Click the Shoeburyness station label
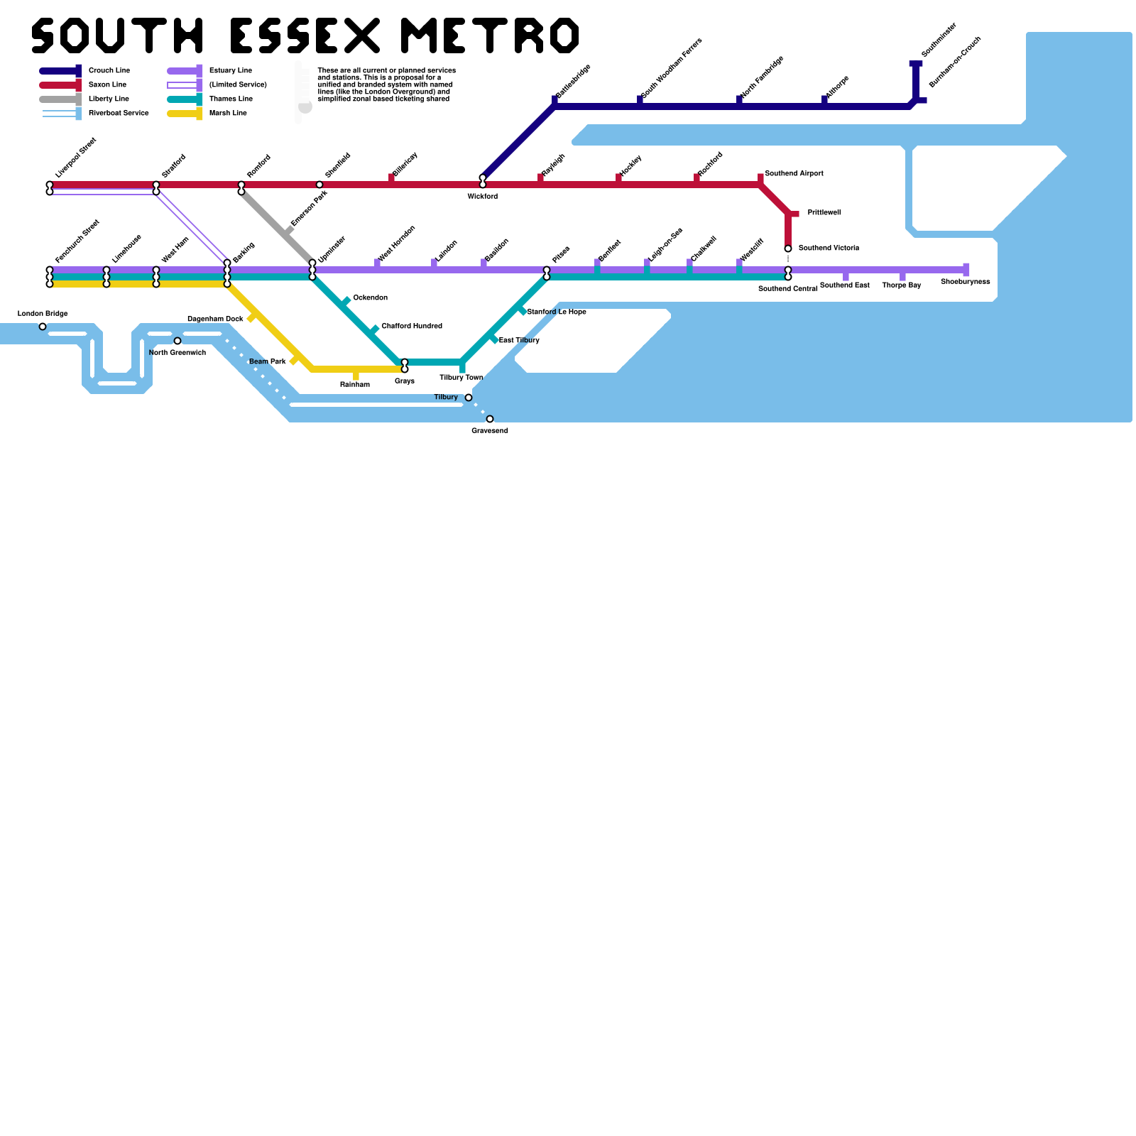965,282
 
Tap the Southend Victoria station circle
788,248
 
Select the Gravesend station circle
490,419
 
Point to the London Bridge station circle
43,327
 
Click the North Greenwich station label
177,353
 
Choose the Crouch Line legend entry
109,71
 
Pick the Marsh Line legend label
228,114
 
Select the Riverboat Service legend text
119,114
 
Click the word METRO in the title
490,35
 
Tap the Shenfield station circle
319,185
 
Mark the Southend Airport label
794,174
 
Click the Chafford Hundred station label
412,327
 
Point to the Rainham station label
355,385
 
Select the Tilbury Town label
461,378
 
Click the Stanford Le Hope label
557,312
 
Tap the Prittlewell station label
824,213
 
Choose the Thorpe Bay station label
902,285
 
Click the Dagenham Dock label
215,319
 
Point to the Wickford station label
483,197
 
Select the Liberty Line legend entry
109,99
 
